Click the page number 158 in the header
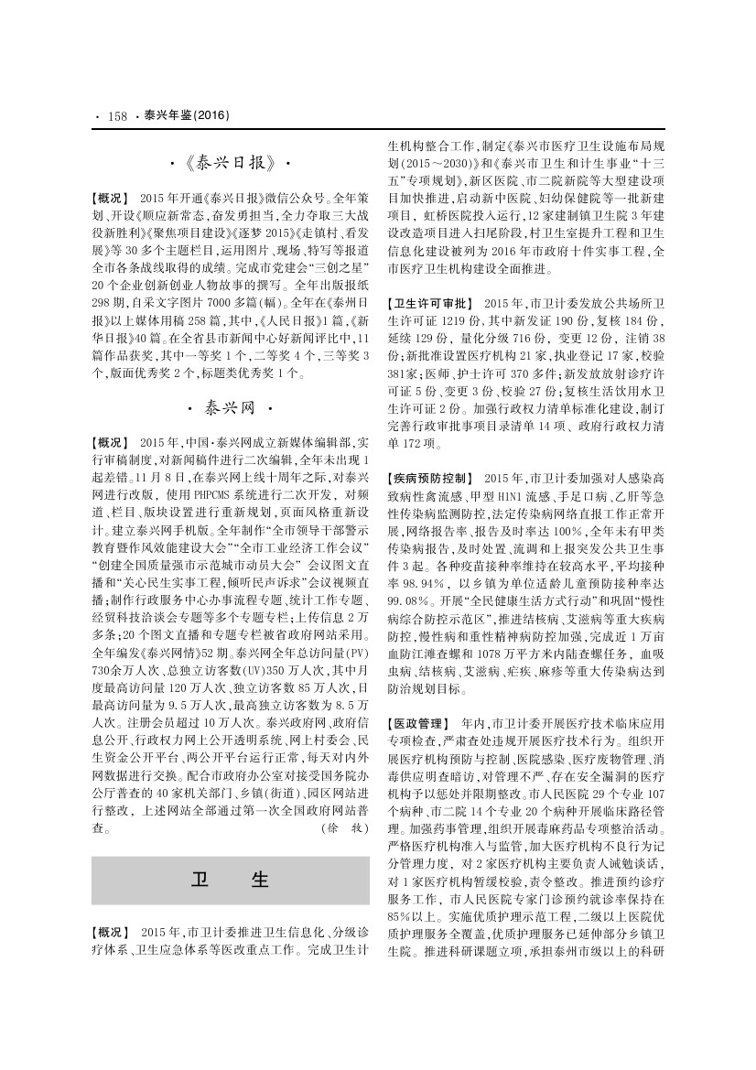116,116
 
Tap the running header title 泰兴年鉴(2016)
180,116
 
